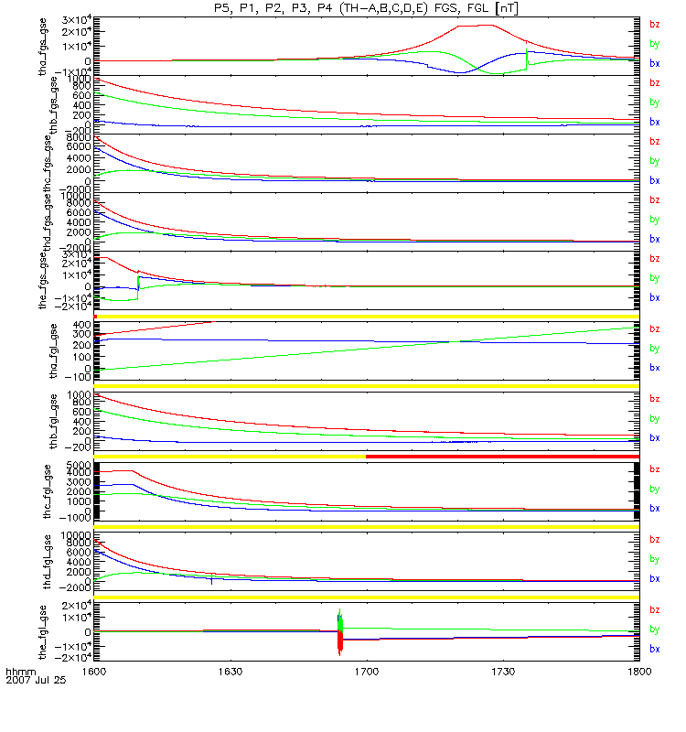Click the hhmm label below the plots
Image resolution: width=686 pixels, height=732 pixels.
20,671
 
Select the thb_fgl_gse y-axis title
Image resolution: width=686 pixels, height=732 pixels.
43,422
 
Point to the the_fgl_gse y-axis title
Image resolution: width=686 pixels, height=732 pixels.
43,632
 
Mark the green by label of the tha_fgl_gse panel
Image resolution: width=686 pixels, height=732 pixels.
654,349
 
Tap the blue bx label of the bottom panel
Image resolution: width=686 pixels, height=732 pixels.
654,649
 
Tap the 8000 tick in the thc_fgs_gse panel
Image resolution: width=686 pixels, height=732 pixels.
78,137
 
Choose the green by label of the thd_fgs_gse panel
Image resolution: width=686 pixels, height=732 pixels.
654,220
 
